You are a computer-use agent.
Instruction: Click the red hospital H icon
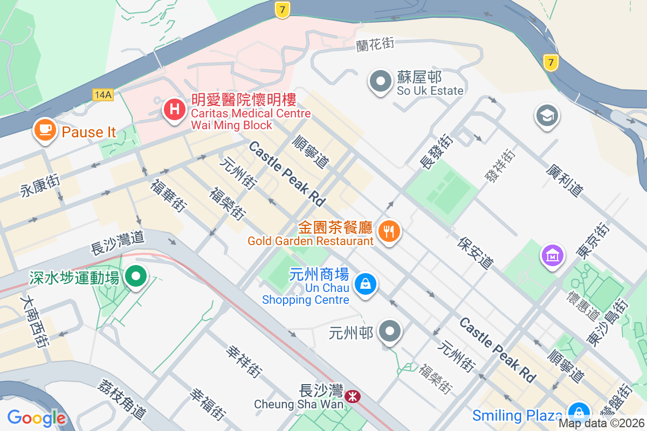174,109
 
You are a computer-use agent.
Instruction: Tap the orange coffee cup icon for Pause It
45,129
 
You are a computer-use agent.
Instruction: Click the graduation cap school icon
547,115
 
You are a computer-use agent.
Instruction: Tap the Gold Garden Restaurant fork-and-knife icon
388,232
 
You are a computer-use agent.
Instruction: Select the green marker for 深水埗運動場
136,276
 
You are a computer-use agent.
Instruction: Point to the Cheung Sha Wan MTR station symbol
353,397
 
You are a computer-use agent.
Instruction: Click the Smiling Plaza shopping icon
579,412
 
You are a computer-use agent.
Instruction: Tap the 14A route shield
102,95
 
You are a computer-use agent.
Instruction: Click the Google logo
37,418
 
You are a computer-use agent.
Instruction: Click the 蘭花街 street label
375,44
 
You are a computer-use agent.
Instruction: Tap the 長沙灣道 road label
118,243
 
